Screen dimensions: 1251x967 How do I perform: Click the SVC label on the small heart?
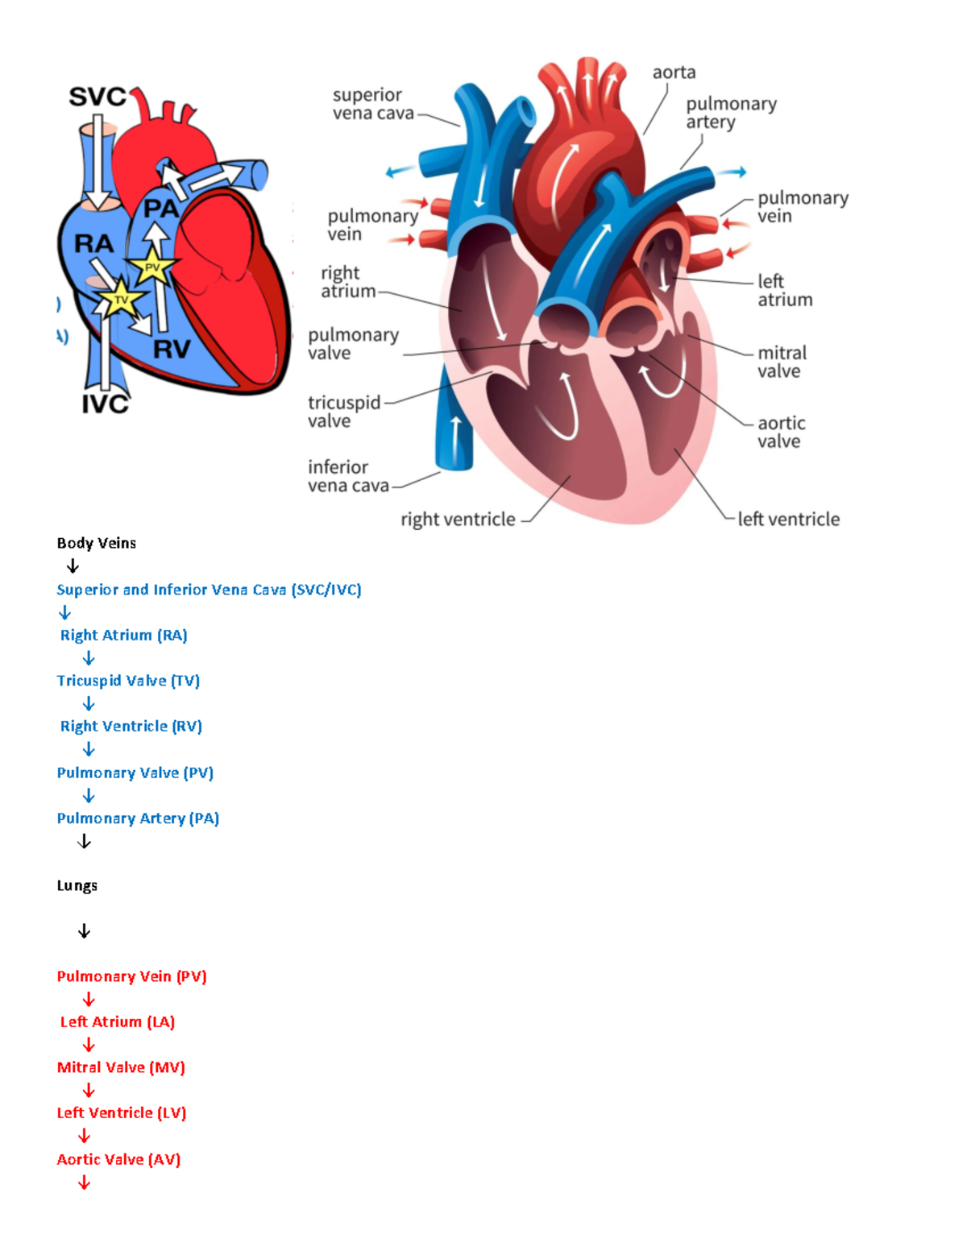[98, 97]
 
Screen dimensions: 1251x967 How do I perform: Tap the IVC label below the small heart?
[106, 404]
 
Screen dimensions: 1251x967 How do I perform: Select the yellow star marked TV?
[121, 299]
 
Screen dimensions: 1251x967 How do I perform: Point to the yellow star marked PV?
[152, 267]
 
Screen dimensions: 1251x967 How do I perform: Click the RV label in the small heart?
[172, 349]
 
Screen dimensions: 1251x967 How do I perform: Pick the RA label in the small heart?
[93, 243]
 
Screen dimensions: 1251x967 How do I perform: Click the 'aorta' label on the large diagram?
[674, 72]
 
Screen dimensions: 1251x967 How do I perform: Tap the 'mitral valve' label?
[781, 362]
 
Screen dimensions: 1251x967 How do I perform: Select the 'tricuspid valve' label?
[343, 411]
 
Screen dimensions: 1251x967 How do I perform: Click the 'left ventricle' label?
[788, 520]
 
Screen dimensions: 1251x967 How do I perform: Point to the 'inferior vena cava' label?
[347, 476]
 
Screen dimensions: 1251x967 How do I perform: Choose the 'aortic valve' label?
[780, 432]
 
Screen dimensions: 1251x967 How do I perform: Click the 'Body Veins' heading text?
[97, 543]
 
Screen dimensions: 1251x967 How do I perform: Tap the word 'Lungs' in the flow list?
[77, 885]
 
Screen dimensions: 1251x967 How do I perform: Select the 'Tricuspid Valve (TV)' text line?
[128, 681]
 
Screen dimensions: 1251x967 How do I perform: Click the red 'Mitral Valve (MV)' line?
[121, 1067]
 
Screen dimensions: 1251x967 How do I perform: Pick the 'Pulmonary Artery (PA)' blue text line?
[138, 818]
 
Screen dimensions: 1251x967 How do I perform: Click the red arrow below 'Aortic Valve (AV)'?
[84, 1183]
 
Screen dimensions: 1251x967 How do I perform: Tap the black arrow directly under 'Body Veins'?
[73, 566]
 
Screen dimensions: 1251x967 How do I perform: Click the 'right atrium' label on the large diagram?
[348, 282]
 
